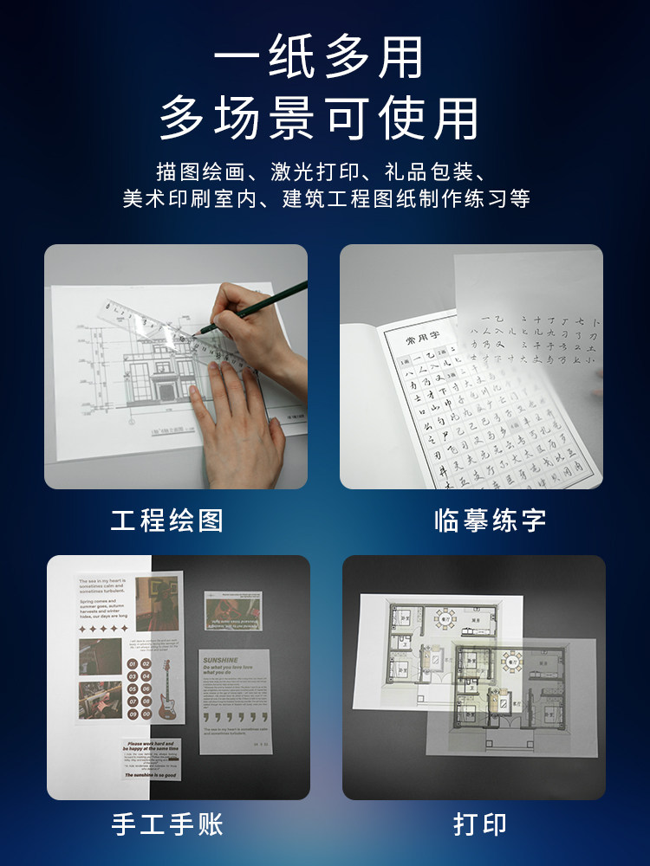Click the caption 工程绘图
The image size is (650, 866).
click(x=167, y=520)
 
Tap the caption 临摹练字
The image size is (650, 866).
click(x=491, y=520)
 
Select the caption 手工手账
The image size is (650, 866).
click(x=167, y=824)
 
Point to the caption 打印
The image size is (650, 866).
click(x=480, y=824)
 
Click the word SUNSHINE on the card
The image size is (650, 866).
click(x=220, y=659)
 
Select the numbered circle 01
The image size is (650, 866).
click(x=133, y=664)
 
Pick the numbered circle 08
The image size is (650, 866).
click(x=146, y=702)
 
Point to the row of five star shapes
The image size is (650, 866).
click(x=103, y=630)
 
